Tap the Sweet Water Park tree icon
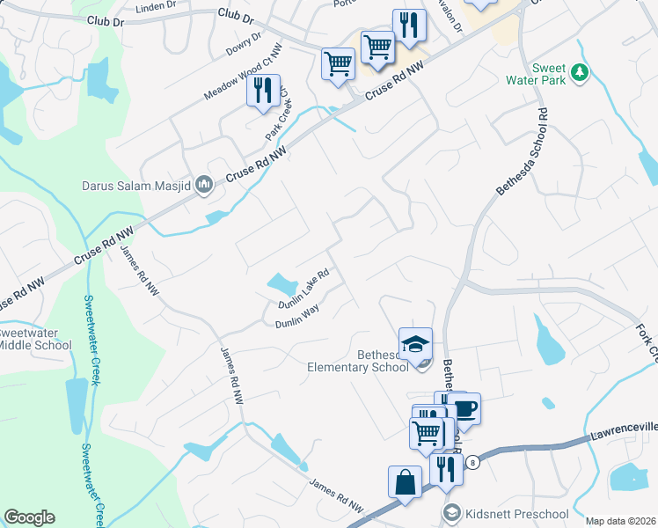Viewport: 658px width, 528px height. [x=580, y=73]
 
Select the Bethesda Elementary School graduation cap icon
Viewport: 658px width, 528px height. [x=416, y=343]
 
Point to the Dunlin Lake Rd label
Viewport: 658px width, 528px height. [x=303, y=289]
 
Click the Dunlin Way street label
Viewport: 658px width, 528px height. [x=296, y=318]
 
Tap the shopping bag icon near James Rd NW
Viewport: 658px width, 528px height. [x=405, y=482]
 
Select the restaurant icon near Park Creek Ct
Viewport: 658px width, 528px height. [x=263, y=90]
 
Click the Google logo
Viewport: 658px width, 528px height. [x=29, y=517]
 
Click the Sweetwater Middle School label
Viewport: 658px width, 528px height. [x=35, y=340]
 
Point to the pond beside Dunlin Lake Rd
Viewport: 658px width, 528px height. [x=281, y=284]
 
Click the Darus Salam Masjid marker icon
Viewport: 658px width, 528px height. [x=205, y=184]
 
